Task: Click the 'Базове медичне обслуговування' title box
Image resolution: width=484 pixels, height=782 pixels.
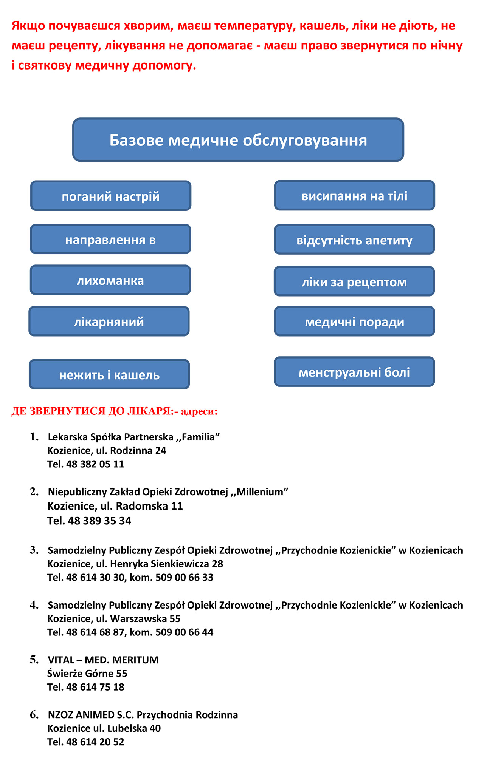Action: pos(238,140)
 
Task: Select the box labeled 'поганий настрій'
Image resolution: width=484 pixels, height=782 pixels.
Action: pos(111,196)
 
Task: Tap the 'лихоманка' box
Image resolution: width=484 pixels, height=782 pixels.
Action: pos(110,280)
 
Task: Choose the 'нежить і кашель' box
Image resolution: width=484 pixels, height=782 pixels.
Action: pos(109,375)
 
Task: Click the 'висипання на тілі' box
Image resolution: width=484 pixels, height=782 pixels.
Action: pos(354,196)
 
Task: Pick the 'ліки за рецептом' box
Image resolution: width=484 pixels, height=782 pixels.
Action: pos(354,282)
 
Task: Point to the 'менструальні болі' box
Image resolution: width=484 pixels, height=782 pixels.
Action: pos(354,372)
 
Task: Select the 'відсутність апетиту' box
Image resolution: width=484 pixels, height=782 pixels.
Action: pos(354,240)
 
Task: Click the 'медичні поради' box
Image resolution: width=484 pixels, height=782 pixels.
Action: pos(354,322)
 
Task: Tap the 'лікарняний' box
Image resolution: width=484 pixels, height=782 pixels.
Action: pos(109,322)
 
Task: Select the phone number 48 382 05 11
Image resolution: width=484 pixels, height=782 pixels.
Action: pos(95,464)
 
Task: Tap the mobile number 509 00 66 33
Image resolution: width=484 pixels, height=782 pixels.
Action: pos(184,578)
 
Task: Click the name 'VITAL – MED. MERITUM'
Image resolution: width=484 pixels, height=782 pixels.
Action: pos(103,660)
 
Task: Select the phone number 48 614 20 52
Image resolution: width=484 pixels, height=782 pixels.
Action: pos(95,742)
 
